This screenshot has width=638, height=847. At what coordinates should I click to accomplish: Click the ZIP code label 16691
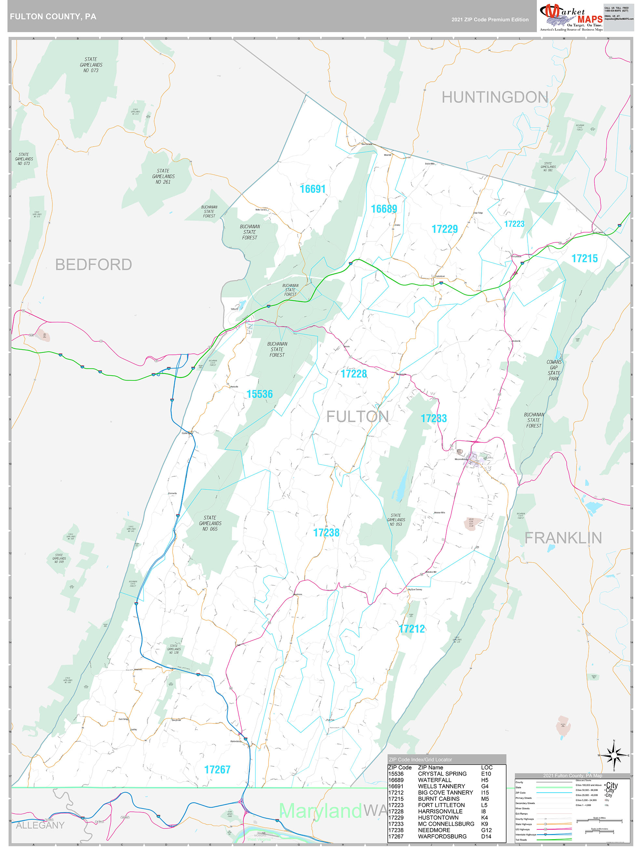tap(313, 189)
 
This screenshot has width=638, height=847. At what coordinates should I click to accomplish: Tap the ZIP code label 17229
tap(444, 229)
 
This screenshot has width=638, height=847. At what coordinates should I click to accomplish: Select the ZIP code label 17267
tap(217, 769)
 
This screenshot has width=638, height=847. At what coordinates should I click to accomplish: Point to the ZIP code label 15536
tap(259, 394)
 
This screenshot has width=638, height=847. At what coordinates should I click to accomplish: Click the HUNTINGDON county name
tap(495, 97)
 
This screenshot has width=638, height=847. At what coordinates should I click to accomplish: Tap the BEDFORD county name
tap(94, 265)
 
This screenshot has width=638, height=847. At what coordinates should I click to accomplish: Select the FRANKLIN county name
tap(563, 538)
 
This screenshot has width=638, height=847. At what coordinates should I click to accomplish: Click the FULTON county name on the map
tap(357, 417)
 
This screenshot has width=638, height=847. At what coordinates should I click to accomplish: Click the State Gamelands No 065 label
tap(210, 523)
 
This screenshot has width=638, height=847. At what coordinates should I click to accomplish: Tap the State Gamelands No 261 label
tap(163, 177)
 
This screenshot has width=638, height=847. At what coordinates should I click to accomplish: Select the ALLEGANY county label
tap(40, 825)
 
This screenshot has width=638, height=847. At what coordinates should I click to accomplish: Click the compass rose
tap(614, 755)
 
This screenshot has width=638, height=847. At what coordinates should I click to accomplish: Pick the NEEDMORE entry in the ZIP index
tap(434, 830)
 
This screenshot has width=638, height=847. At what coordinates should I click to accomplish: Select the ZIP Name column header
tap(430, 768)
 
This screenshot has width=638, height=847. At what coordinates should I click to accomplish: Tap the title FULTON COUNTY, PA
tap(53, 17)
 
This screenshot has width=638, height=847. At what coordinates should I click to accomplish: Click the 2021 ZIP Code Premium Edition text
tap(490, 20)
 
